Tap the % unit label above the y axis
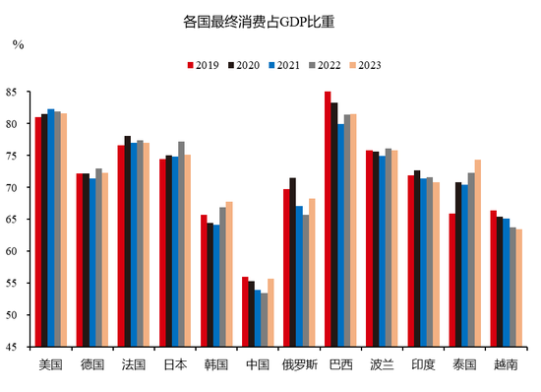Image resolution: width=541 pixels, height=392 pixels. point(18,44)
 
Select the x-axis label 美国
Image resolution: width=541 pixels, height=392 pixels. point(50,363)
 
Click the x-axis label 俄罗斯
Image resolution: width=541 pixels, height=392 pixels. point(299,363)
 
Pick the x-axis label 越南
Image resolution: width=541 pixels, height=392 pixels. point(506,363)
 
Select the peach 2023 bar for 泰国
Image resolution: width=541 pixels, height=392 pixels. point(478,253)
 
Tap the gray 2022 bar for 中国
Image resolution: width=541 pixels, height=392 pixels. point(264,319)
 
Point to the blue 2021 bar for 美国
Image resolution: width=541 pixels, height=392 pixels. point(51,228)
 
